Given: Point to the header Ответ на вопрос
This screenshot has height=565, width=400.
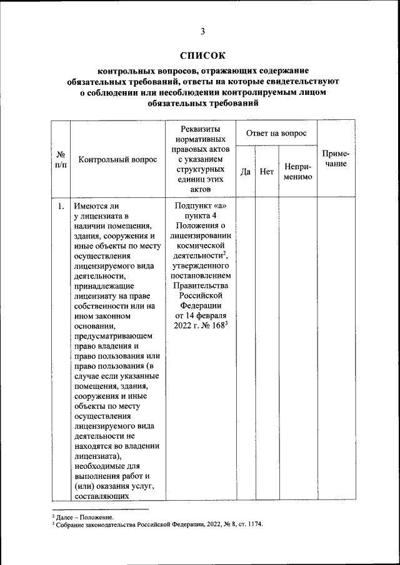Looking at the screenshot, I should [x=276, y=133].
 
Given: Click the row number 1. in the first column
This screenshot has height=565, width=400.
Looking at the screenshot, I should [x=61, y=205].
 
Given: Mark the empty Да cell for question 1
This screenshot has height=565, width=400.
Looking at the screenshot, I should [x=246, y=350].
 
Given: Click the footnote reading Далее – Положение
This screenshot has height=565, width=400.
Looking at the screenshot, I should [x=86, y=518].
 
